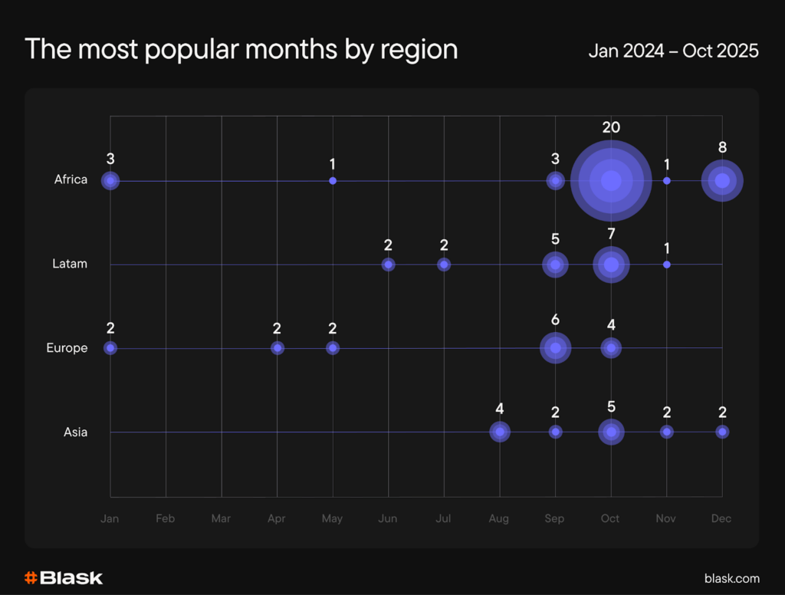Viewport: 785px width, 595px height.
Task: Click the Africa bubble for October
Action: pyautogui.click(x=611, y=181)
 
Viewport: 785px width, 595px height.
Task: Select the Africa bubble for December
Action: pyautogui.click(x=722, y=181)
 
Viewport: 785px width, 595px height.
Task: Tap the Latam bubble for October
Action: pyautogui.click(x=611, y=265)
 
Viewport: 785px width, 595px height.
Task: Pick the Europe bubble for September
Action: pyautogui.click(x=555, y=348)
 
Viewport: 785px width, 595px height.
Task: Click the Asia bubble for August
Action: pyautogui.click(x=500, y=432)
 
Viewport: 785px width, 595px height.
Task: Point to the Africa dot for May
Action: pyautogui.click(x=333, y=181)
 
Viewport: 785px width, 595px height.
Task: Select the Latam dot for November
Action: pyautogui.click(x=667, y=265)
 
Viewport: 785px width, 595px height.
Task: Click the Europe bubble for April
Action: pyautogui.click(x=278, y=348)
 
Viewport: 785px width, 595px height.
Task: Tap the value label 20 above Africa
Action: pyautogui.click(x=611, y=127)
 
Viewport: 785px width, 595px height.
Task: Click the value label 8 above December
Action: pyautogui.click(x=722, y=147)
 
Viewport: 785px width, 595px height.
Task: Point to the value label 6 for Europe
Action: pyautogui.click(x=555, y=320)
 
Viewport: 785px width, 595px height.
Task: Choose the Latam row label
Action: pyautogui.click(x=71, y=264)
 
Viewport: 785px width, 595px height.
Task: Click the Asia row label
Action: pyautogui.click(x=75, y=432)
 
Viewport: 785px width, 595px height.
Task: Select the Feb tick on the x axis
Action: pyautogui.click(x=166, y=518)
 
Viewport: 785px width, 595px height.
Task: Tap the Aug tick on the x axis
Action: pyautogui.click(x=499, y=518)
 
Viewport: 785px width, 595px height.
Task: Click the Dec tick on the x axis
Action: pyautogui.click(x=721, y=518)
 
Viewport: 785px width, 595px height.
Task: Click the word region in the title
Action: pyautogui.click(x=419, y=51)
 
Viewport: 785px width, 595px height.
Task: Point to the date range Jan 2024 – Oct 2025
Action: pyautogui.click(x=673, y=51)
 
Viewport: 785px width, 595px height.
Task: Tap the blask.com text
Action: pyautogui.click(x=731, y=578)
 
